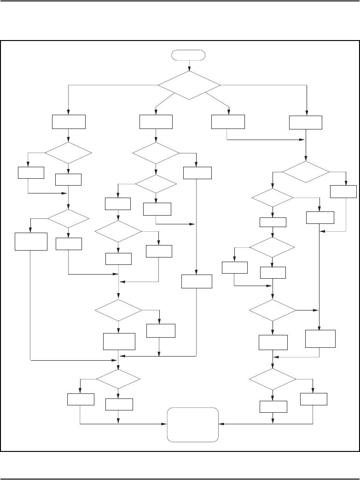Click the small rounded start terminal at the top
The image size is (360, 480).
point(188,55)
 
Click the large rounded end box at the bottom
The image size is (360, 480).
point(193,424)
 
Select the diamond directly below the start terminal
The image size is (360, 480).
point(189,85)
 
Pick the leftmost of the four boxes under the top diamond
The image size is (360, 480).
point(69,122)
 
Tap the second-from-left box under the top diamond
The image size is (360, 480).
point(156,122)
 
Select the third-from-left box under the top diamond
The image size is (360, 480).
point(228,122)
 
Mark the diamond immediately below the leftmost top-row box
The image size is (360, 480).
point(68,152)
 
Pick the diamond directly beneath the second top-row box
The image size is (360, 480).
point(156,152)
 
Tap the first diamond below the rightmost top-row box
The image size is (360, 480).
point(306,172)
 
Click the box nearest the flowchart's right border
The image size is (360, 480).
point(343,192)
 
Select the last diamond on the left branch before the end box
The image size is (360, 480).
point(118,379)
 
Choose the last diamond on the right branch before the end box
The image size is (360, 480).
point(273,379)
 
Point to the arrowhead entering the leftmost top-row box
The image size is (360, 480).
point(69,112)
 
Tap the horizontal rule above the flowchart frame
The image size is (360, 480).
point(180,1)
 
